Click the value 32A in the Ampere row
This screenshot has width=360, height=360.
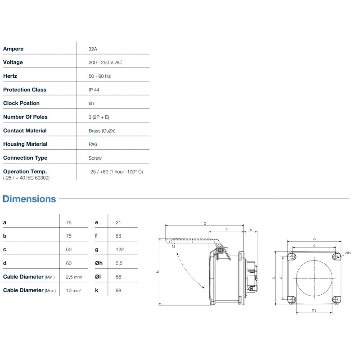[93, 49]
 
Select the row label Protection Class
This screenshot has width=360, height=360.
[25, 90]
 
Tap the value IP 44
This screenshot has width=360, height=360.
[94, 90]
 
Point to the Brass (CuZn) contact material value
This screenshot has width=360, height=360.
[104, 130]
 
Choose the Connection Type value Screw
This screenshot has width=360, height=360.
[95, 158]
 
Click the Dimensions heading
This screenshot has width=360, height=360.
[29, 199]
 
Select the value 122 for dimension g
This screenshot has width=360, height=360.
[119, 249]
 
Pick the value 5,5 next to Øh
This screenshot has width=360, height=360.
[118, 263]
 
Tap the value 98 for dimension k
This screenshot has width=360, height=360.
[118, 290]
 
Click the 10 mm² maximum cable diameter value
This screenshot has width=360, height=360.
[74, 291]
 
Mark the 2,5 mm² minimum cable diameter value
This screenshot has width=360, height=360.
[74, 277]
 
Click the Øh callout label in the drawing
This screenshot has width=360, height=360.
[348, 253]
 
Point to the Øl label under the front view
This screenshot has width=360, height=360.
[314, 310]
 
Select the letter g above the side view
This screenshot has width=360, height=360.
[205, 223]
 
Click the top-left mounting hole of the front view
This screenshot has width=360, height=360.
[291, 256]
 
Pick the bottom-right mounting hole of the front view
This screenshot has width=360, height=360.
[336, 299]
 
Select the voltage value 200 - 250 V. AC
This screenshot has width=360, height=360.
[105, 62]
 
